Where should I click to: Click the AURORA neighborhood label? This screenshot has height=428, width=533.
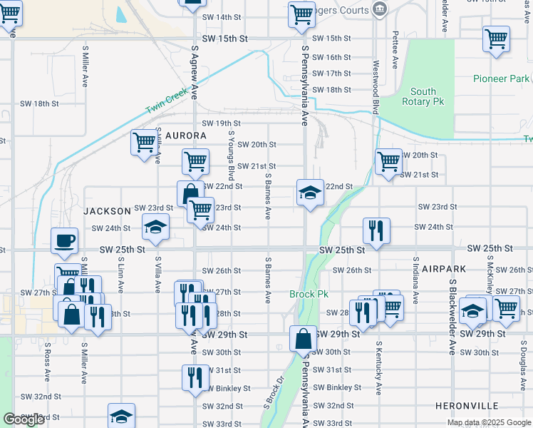pos(186,136)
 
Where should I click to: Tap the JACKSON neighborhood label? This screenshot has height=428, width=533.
pos(107,211)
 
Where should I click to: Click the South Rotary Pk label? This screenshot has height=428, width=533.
pos(423,97)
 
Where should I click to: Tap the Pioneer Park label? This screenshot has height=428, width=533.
pos(501,78)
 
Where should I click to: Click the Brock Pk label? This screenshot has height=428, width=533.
pos(309,294)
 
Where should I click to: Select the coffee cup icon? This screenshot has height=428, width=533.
pos(64,241)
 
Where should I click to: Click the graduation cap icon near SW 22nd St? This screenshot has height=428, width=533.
pos(310,193)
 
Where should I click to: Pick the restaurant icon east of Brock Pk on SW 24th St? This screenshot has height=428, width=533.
pos(376,230)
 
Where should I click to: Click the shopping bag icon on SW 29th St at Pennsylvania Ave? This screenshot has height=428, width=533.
pos(303,338)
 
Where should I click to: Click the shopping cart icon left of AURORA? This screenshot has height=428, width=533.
pos(145,142)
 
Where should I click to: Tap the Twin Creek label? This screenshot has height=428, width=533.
pos(166,101)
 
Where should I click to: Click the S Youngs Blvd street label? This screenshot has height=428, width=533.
pos(231,155)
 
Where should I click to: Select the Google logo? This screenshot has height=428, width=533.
pos(24,419)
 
